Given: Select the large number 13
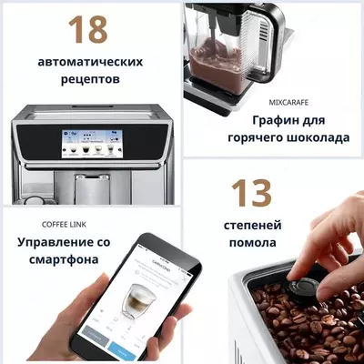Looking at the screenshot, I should click(x=251, y=193).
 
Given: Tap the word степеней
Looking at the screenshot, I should click(x=252, y=225).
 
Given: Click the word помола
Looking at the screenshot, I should click(x=252, y=243).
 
